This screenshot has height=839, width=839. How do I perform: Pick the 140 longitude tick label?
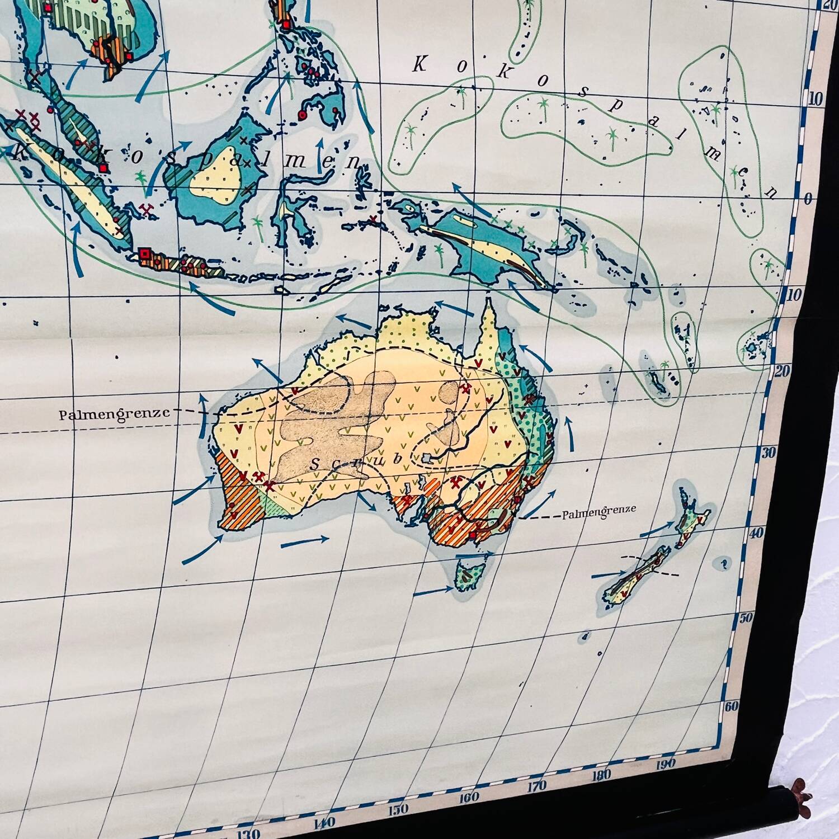pyautogui.click(x=324, y=822)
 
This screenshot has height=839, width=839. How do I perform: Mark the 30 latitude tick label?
pyautogui.click(x=769, y=452)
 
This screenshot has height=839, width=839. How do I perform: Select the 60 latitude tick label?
pyautogui.click(x=732, y=706)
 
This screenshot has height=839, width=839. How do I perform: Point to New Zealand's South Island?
pyautogui.click(x=635, y=580)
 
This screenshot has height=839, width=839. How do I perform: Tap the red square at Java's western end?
pyautogui.click(x=144, y=254)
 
